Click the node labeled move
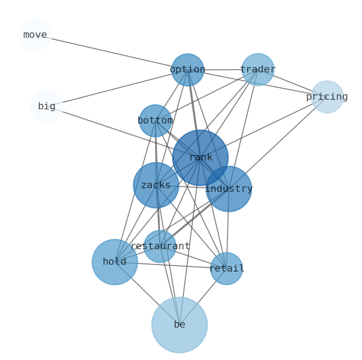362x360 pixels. pos(35,35)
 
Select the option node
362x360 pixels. pos(187,70)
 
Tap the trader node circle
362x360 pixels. pos(258,70)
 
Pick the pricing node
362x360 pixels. pos(327,97)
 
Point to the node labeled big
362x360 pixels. pos(47,106)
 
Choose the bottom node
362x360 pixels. pos(155,121)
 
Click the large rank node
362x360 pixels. pos(200,158)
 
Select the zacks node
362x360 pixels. pos(156,185)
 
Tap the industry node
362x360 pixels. pos(228,189)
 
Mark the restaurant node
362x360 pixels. pos(160,246)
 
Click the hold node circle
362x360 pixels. pos(114,262)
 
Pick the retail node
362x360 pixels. pos(226,268)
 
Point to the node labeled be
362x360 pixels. pos(180,325)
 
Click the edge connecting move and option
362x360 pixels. pos(111,52)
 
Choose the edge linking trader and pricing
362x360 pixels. pos(292,83)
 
